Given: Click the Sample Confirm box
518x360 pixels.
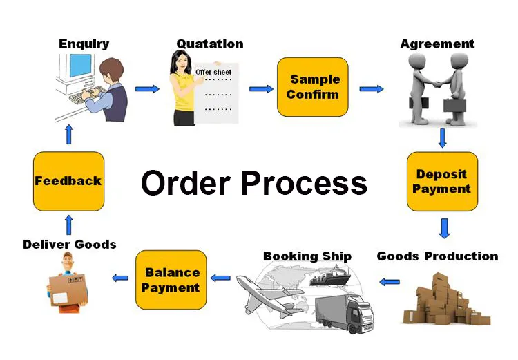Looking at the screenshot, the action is pos(312,87).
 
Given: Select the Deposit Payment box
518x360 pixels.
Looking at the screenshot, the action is pos(442,182).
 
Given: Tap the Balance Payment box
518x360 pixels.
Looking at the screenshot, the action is pos(171,280).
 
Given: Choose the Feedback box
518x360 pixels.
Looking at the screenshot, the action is pos(68,181).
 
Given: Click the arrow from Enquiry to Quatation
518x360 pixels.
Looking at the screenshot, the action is pos(147,88).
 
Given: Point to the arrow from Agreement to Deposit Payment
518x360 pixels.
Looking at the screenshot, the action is pos(442,138).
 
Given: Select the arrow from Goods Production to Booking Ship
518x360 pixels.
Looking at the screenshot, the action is pos(390,282).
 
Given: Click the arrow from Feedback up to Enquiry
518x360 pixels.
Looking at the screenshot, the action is pos(68,134).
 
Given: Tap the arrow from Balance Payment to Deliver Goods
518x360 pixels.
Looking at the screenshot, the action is pos(120,278).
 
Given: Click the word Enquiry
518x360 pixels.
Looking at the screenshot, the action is pos(84,44).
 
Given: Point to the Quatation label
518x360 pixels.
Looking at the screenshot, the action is pos(210,44).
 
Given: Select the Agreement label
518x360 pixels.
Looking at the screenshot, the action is pos(437,44).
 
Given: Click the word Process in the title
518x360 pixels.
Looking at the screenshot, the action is pos(305,183).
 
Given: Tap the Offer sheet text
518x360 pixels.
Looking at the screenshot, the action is pos(213,72).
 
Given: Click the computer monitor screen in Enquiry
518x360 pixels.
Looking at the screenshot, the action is pos(80,66).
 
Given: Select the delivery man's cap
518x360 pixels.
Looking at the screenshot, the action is pos(68,255).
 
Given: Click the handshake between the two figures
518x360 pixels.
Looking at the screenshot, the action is pos(437,84).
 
